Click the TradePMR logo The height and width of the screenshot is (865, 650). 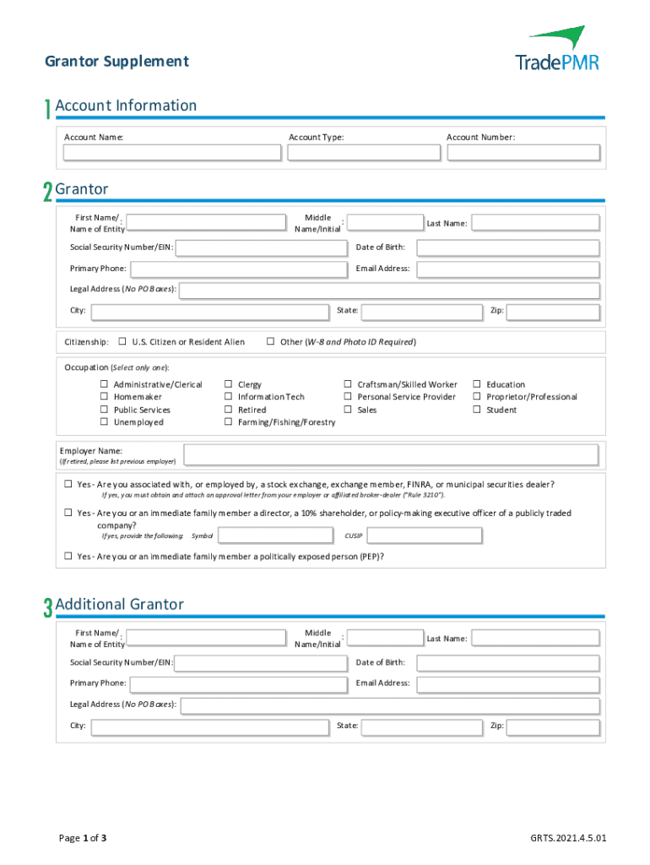coord(556,49)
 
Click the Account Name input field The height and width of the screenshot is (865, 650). coord(173,153)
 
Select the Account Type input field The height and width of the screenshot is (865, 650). coord(364,153)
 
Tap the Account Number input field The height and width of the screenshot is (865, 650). coord(523,153)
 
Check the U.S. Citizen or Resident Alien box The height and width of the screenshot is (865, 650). coord(122,342)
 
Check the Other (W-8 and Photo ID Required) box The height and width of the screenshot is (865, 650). coord(271,342)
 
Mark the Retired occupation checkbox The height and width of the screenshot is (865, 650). coord(228,410)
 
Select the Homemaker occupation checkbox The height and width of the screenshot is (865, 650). coord(105,397)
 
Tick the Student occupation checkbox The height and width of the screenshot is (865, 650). coord(477,410)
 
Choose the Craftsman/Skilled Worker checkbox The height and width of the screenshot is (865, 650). coord(348,384)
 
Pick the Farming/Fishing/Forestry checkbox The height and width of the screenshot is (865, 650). coord(228,422)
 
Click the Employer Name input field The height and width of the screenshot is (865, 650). coord(391,455)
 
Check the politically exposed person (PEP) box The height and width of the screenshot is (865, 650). coord(69,557)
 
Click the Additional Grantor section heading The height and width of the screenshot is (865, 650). coord(119,605)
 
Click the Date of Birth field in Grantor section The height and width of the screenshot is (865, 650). coord(508,248)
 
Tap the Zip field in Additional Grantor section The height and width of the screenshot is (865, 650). coord(553,726)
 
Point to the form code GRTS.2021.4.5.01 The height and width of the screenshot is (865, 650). coord(568,839)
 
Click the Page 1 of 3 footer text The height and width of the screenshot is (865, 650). coord(82,839)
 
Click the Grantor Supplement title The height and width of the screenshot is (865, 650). coord(116,62)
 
